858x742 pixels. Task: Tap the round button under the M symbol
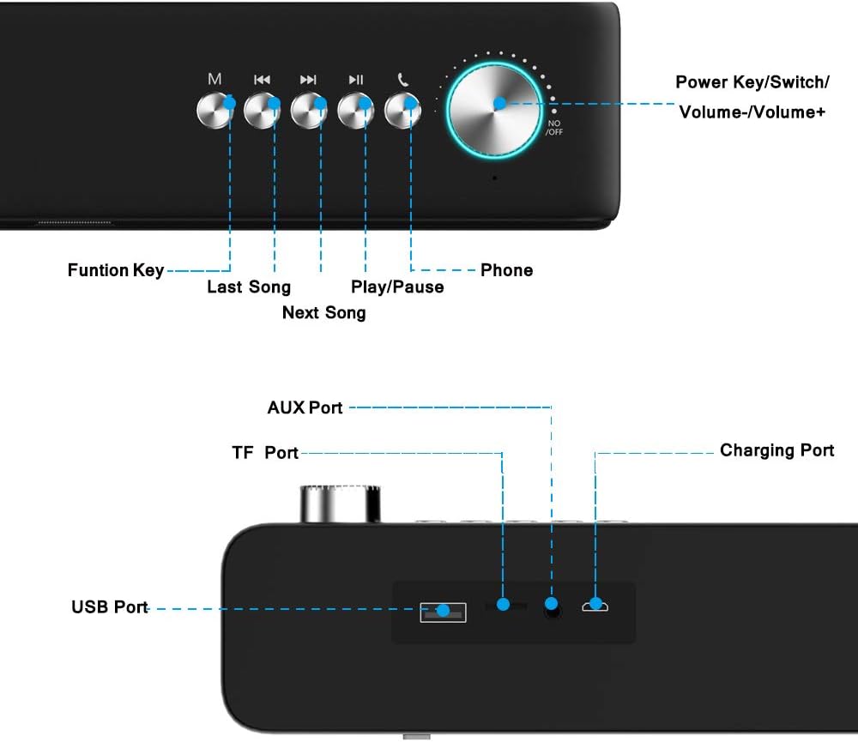(x=214, y=110)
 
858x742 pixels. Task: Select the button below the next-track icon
(x=309, y=110)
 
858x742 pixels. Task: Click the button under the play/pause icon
(x=355, y=110)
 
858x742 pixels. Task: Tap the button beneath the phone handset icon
(x=402, y=110)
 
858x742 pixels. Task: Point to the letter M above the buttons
(x=214, y=80)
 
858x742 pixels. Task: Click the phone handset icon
(x=402, y=80)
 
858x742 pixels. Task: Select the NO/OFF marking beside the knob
(x=554, y=128)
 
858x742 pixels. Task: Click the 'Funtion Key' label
(x=116, y=270)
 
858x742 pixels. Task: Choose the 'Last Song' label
(x=249, y=287)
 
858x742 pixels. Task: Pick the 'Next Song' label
(x=323, y=312)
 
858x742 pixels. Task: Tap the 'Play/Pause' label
(x=397, y=287)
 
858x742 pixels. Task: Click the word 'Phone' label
(x=506, y=270)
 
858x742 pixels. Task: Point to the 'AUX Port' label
(x=305, y=407)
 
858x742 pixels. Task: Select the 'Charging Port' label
(x=776, y=450)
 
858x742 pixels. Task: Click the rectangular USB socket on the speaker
(x=443, y=612)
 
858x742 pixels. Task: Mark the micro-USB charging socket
(x=595, y=607)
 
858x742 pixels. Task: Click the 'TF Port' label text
(x=265, y=452)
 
